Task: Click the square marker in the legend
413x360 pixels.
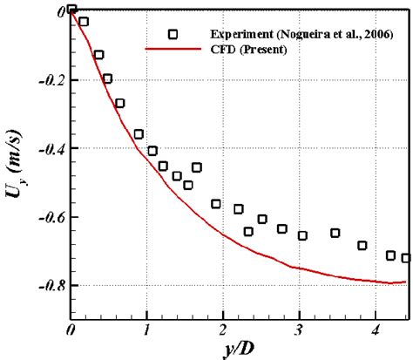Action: coord(173,34)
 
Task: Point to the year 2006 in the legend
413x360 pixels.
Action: coord(377,34)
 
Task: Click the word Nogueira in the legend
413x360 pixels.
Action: coord(301,34)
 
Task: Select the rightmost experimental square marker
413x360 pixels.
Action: coord(405,257)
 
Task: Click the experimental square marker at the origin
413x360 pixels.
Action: coord(71,10)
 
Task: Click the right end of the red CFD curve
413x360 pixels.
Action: coord(404,282)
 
